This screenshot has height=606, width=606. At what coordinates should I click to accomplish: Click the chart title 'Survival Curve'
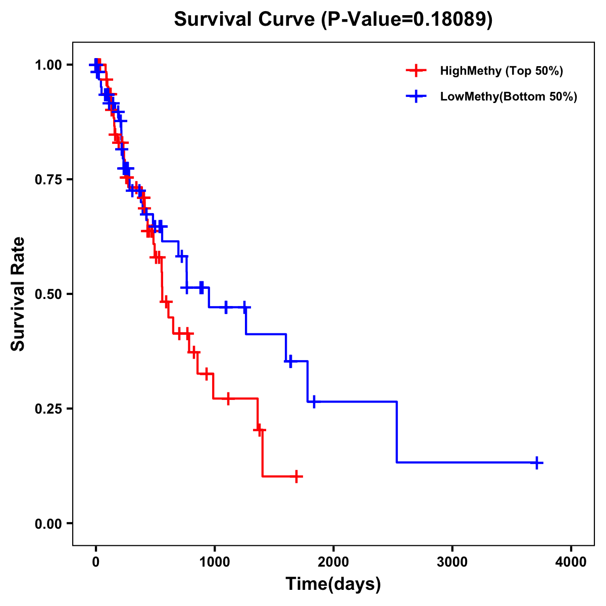245,20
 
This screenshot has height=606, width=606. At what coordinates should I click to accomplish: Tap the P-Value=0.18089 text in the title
407,20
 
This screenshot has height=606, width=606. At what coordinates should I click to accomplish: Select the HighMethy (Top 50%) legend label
501,71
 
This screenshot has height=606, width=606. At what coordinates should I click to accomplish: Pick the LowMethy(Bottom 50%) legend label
509,97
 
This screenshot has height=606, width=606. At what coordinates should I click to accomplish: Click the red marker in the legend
416,71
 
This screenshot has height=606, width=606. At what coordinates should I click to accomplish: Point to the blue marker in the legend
416,97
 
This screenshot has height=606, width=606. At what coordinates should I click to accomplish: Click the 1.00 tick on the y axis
48,65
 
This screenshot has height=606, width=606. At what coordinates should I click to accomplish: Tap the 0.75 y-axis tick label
48,180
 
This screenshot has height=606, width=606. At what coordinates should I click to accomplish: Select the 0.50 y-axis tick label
48,294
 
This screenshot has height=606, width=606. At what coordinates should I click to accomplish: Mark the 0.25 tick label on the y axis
48,409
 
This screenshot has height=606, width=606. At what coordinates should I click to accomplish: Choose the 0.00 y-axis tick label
48,524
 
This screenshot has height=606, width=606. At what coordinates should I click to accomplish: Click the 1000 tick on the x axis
214,562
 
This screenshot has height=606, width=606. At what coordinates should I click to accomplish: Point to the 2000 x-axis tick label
333,562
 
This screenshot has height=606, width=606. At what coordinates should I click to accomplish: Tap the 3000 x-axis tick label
452,562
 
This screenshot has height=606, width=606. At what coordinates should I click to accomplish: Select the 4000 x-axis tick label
571,562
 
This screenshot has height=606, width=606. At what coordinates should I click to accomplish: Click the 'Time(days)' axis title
333,584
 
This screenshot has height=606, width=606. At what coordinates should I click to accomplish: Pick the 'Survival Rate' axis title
18,294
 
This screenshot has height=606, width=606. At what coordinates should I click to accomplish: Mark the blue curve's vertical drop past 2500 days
397,432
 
